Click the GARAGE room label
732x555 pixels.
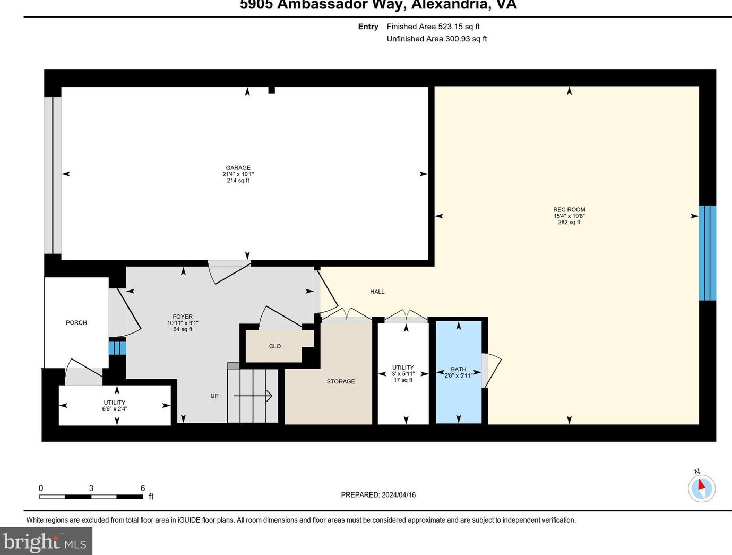[x=238, y=168]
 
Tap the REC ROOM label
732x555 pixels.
[x=569, y=210]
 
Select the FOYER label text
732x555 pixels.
[x=183, y=317]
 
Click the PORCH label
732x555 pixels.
[x=76, y=322]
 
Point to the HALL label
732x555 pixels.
[x=377, y=292]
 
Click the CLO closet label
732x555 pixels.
[x=274, y=346]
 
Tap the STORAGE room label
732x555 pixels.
[x=341, y=381]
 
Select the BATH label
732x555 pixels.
[x=458, y=369]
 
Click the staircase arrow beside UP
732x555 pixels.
[x=253, y=396]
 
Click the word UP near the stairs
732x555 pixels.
[x=214, y=396]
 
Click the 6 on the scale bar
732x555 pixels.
[x=143, y=488]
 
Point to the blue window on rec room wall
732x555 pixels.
[x=707, y=253]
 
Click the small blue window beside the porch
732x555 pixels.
[x=117, y=348]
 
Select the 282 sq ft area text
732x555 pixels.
[x=569, y=223]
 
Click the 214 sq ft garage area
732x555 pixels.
[x=238, y=181]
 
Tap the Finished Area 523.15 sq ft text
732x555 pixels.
[x=433, y=27]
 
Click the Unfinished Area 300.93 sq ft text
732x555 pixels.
[x=436, y=39]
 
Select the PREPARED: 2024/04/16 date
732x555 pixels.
[x=378, y=495]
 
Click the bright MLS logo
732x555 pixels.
[x=46, y=542]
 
